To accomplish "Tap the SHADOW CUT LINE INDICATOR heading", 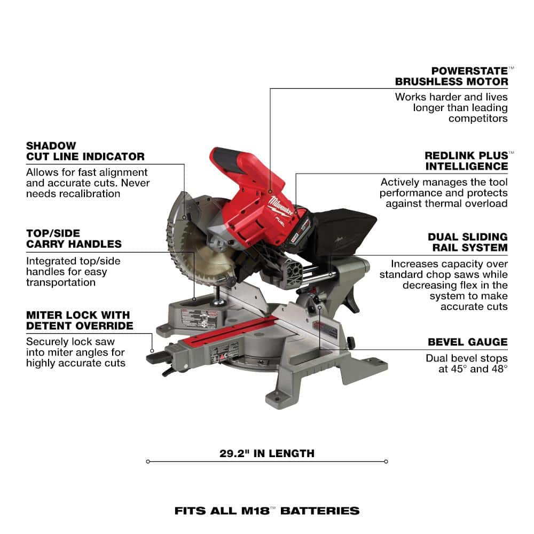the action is [x=85, y=151].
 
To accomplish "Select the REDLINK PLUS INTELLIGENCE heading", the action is [x=466, y=161].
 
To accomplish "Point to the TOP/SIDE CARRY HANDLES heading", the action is [x=74, y=239].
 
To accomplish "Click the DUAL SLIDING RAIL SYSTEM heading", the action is [x=468, y=242].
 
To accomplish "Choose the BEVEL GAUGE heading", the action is [x=468, y=342].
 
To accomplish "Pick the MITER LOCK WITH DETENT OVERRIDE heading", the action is [x=80, y=320].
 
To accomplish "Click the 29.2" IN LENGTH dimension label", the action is [x=266, y=453].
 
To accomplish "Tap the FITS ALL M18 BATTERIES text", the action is [x=266, y=511].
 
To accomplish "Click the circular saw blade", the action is [x=198, y=238].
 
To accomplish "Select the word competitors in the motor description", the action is [x=478, y=119].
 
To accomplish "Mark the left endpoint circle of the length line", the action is [x=148, y=461].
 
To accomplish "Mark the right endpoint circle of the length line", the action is [x=386, y=461].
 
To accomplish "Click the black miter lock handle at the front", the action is [x=158, y=357].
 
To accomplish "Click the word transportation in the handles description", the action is [x=61, y=282].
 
